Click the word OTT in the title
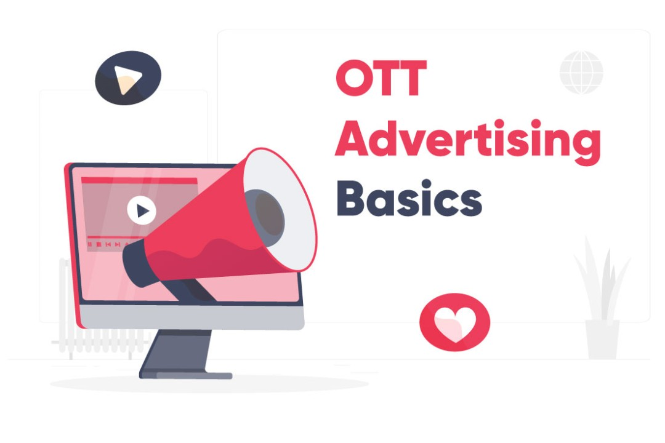pos(381,78)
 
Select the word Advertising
pos(468,142)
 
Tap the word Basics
pos(409,198)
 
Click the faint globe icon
pos(581,72)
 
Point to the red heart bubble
pos(454,322)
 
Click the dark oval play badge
pos(128,78)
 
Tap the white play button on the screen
pos(142,210)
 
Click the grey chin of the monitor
pos(191,317)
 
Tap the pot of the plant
pos(602,340)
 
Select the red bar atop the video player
pos(139,181)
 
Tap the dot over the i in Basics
pos(427,185)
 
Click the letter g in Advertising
pos(587,146)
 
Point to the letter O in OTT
pos(353,78)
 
